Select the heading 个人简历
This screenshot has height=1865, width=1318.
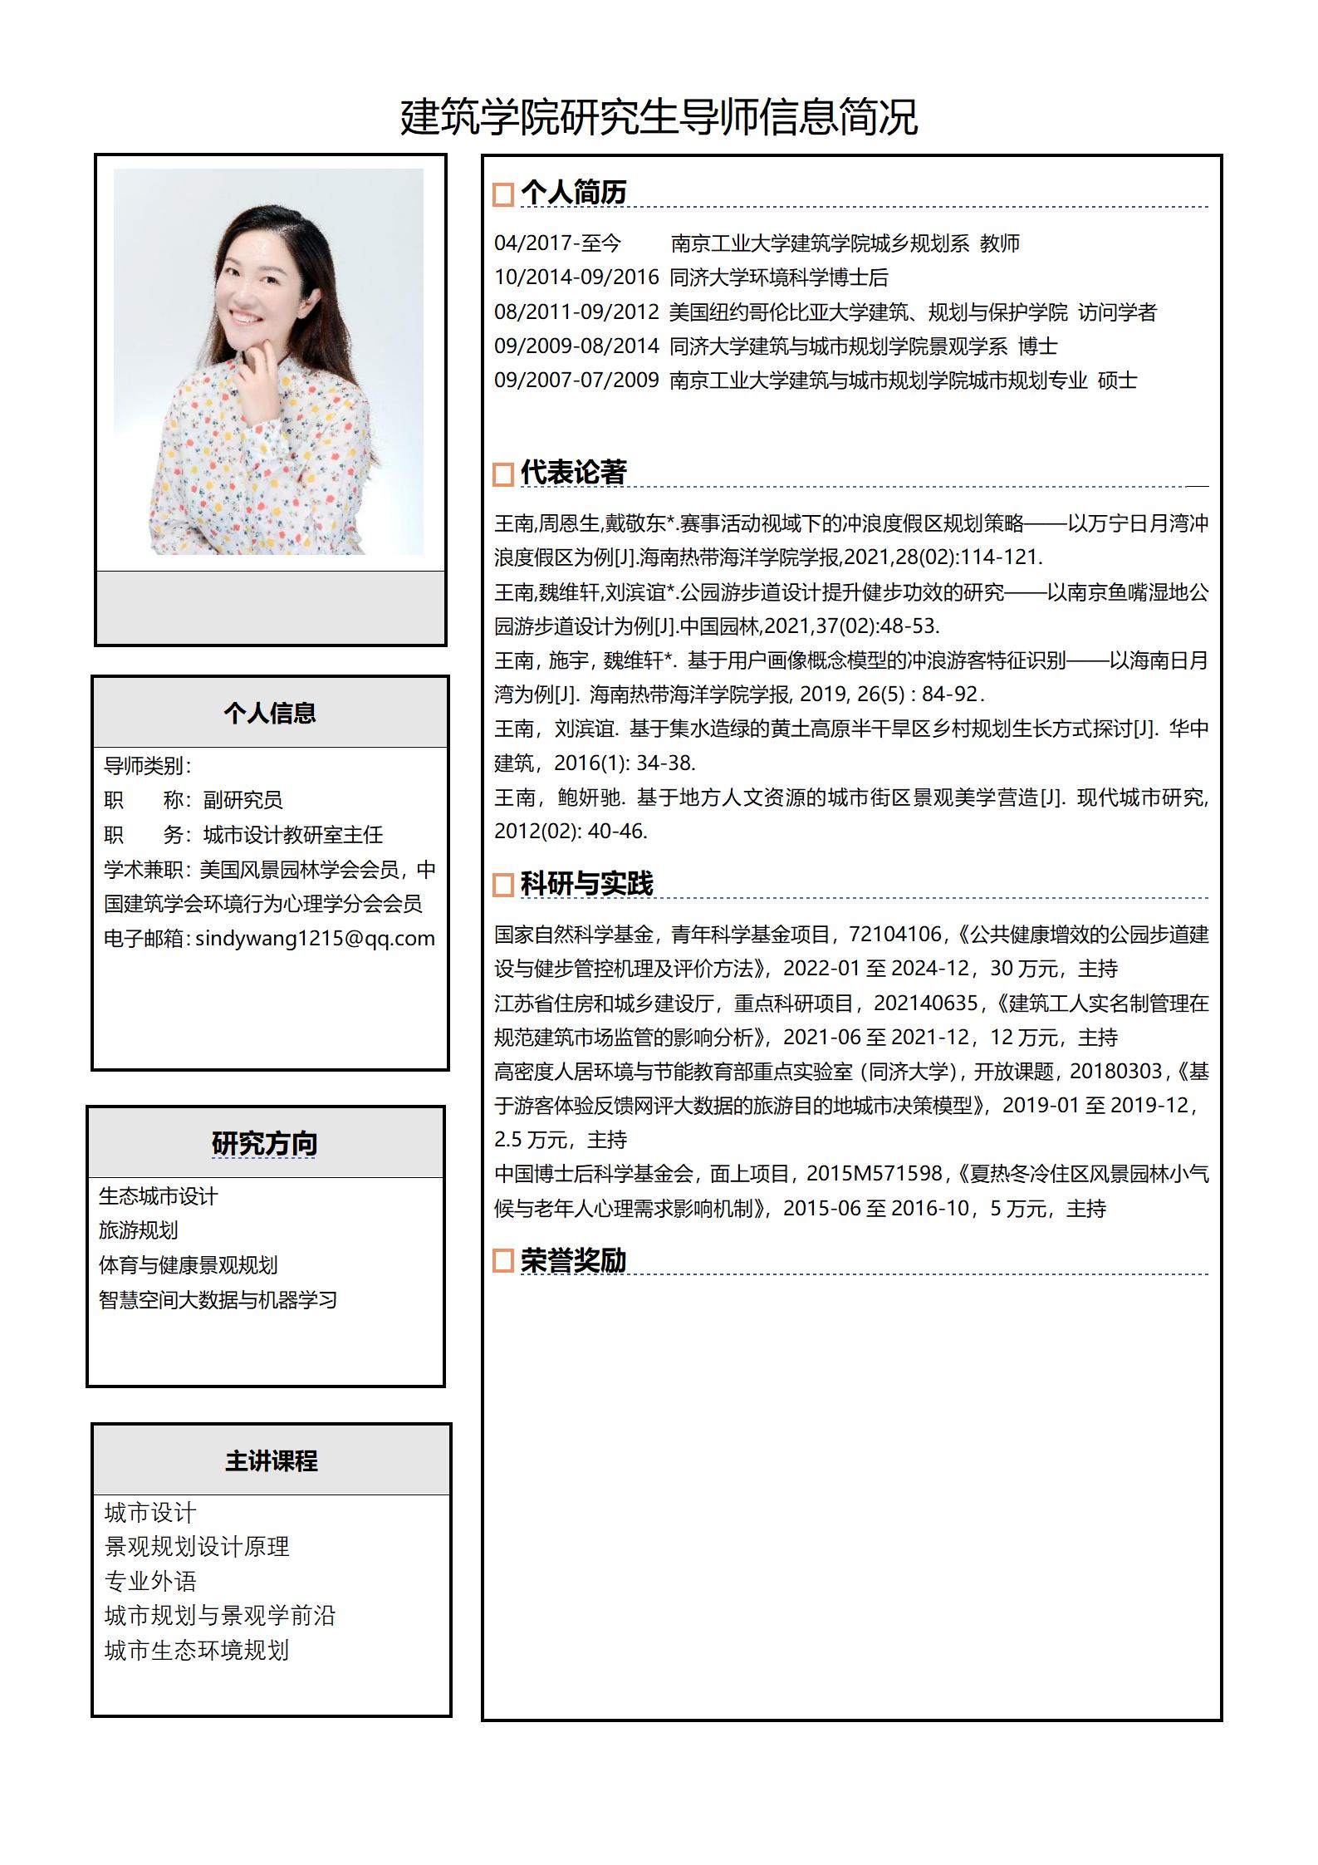point(573,193)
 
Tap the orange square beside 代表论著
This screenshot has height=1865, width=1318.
point(502,474)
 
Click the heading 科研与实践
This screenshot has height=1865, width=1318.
point(586,883)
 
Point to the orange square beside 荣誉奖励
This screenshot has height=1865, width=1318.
point(502,1260)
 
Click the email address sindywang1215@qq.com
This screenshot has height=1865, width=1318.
point(315,938)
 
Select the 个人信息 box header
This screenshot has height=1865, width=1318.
point(270,713)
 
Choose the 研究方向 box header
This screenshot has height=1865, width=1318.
point(265,1143)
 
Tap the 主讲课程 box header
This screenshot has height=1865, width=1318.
point(271,1460)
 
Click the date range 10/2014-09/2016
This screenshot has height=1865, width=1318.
point(576,277)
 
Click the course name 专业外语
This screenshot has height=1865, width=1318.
point(150,1581)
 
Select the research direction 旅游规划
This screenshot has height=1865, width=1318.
point(139,1230)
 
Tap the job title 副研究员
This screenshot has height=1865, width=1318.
point(243,800)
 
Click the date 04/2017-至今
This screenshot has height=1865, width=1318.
point(557,243)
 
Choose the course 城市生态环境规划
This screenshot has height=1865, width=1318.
point(197,1650)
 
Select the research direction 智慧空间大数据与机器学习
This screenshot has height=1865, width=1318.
point(218,1299)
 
